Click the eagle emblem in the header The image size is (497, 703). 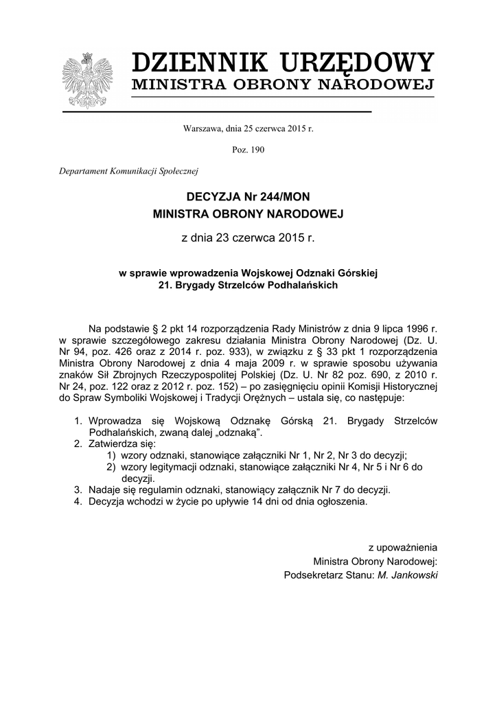coord(87,80)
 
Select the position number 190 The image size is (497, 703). coord(257,150)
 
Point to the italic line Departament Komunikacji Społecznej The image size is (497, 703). coord(128,171)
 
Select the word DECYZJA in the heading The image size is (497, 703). coord(209,197)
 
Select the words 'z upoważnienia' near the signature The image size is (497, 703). coord(402,548)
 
